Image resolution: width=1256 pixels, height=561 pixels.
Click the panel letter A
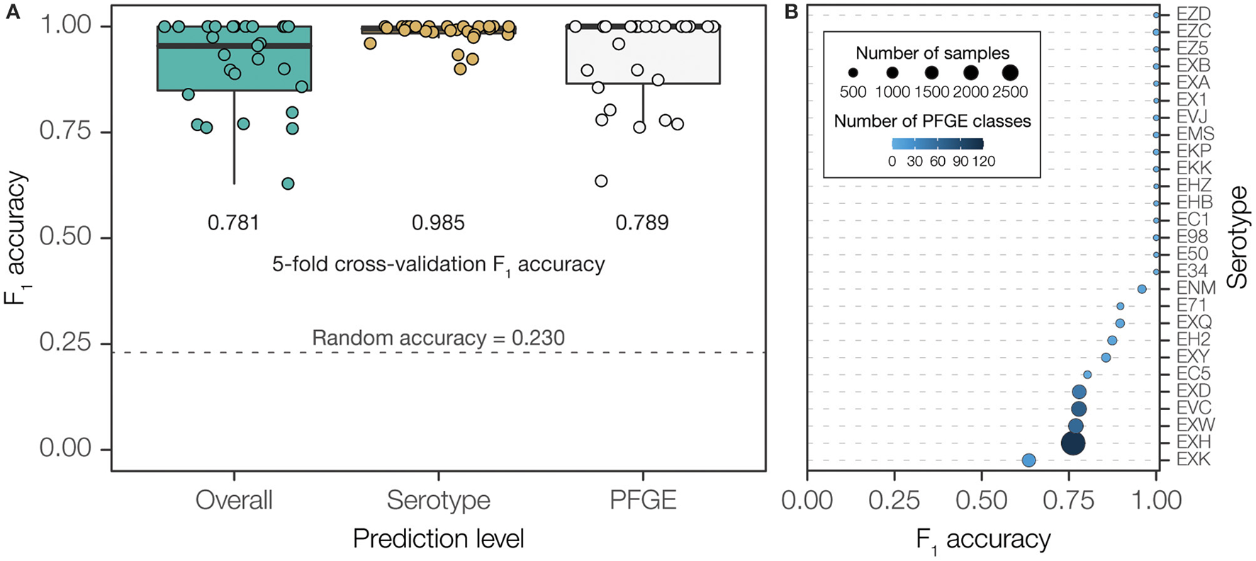point(12,12)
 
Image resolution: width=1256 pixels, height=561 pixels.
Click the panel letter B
point(792,12)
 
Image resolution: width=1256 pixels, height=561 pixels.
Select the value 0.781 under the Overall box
point(233,223)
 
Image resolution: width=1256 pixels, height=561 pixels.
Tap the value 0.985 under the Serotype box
point(438,223)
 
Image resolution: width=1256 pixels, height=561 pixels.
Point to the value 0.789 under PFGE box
point(642,223)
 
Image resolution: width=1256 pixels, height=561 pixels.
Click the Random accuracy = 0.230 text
point(438,338)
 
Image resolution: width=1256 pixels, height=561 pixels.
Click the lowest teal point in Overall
point(288,183)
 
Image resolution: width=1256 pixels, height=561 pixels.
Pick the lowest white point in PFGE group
point(601,181)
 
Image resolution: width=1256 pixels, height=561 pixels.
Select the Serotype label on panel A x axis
point(438,500)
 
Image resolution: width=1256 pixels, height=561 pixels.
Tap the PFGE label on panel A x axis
point(643,500)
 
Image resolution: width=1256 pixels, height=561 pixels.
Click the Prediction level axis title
point(438,539)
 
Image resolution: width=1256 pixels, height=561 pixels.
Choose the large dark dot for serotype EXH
point(1073,443)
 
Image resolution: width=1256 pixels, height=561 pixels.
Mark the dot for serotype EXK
point(1029,460)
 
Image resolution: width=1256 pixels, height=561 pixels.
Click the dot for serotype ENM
point(1142,289)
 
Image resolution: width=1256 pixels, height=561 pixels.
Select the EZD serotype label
point(1194,14)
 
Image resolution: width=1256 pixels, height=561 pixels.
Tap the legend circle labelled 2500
point(1010,72)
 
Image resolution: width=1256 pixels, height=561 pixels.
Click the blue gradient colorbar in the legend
point(937,144)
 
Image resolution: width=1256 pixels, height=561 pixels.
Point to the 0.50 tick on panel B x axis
point(982,500)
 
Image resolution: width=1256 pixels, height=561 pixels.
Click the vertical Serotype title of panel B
point(1238,237)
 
